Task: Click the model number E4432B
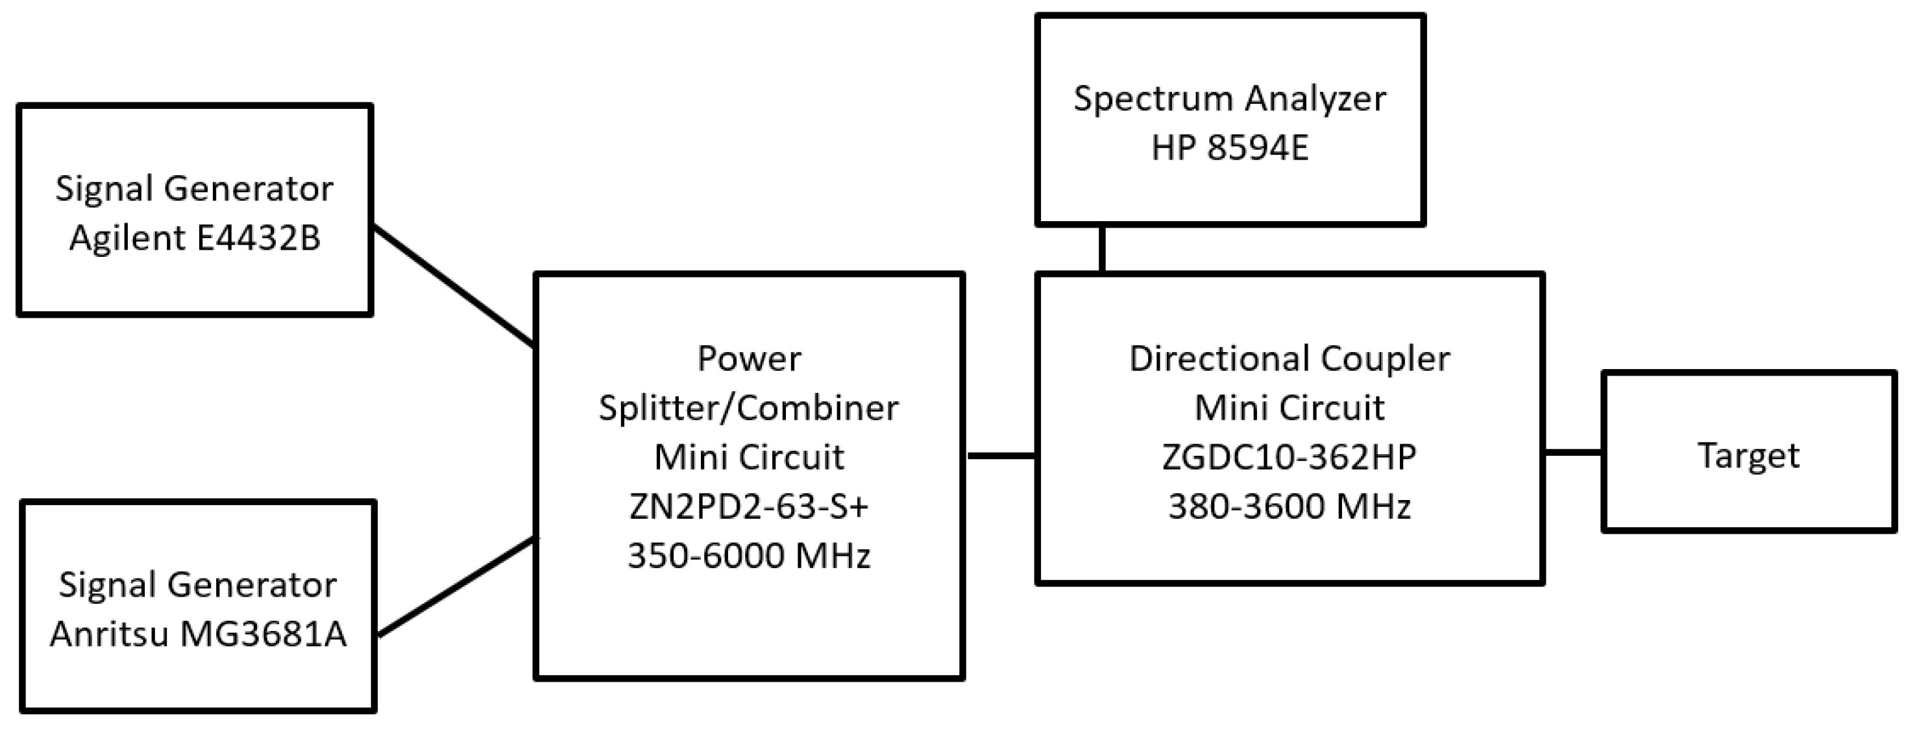pyautogui.click(x=258, y=238)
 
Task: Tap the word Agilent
pyautogui.click(x=127, y=238)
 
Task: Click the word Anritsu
pyautogui.click(x=110, y=634)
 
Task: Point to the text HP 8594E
pyautogui.click(x=1230, y=148)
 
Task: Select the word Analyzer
pyautogui.click(x=1315, y=99)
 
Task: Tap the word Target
pyautogui.click(x=1748, y=455)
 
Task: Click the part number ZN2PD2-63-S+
pyautogui.click(x=749, y=507)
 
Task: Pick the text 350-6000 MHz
pyautogui.click(x=749, y=556)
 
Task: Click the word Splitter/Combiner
pyautogui.click(x=749, y=408)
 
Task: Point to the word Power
pyautogui.click(x=749, y=359)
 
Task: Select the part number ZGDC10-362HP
pyautogui.click(x=1289, y=457)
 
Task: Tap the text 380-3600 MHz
pyautogui.click(x=1289, y=507)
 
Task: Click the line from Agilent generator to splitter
pyautogui.click(x=453, y=287)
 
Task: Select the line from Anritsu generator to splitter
pyautogui.click(x=455, y=587)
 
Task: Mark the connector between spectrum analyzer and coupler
pyautogui.click(x=1102, y=250)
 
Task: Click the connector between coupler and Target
pyautogui.click(x=1573, y=452)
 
